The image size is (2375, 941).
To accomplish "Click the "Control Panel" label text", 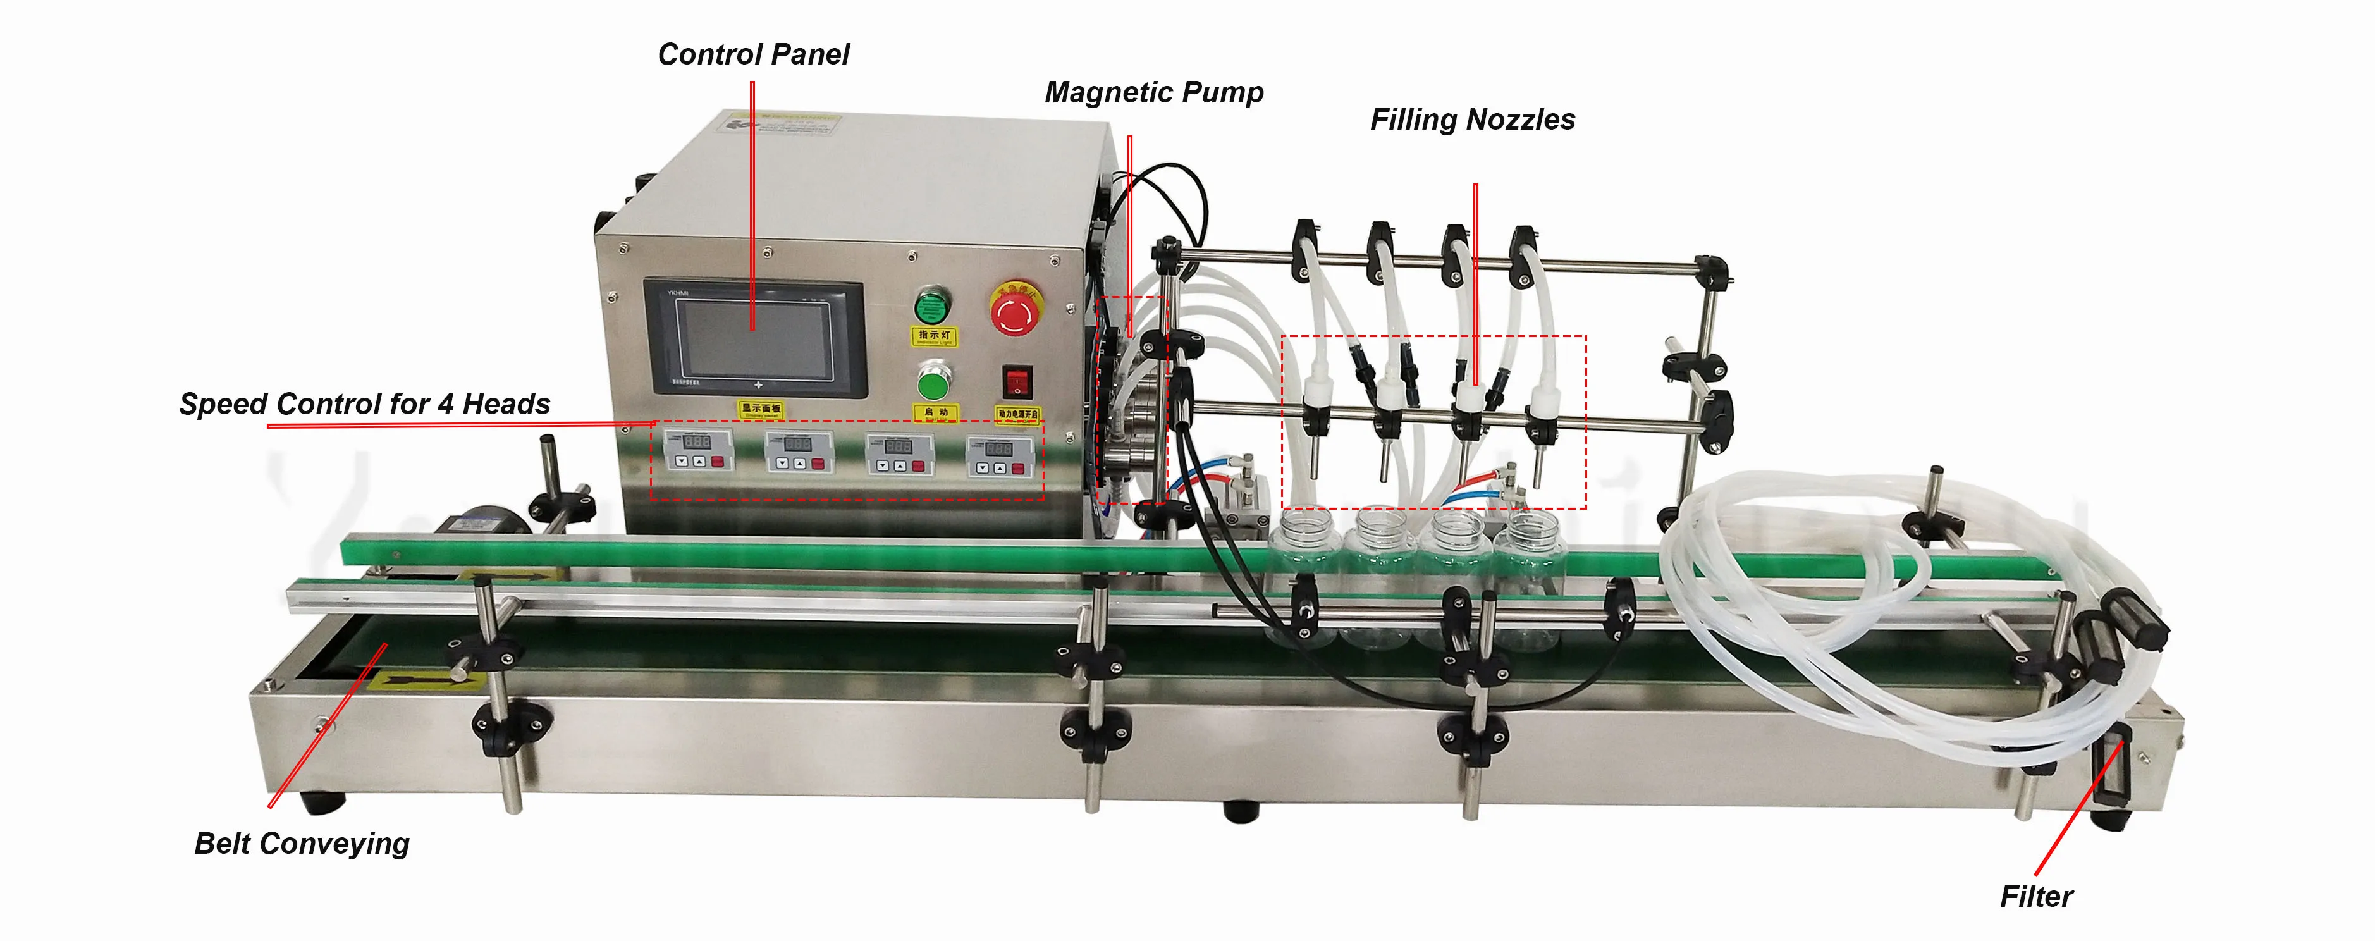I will (752, 54).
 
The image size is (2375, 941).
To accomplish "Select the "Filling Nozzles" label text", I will (1473, 120).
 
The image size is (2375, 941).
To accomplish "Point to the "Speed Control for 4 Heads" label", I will (364, 403).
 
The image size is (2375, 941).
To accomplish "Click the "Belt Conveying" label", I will (302, 844).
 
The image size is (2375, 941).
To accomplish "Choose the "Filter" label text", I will (2035, 897).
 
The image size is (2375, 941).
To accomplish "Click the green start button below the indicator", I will (934, 381).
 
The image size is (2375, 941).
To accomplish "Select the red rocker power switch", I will (1016, 381).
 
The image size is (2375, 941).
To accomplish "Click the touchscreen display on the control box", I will (754, 338).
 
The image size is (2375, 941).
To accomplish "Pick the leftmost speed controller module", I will (698, 450).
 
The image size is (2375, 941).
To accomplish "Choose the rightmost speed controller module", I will (1000, 456).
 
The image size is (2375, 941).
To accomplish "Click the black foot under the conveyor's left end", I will (322, 802).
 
